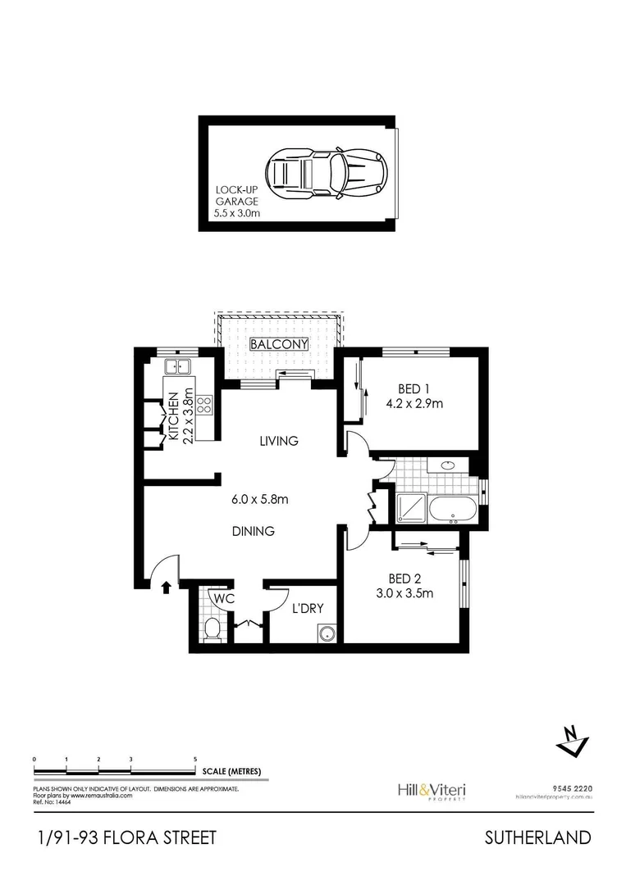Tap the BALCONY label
[279, 344]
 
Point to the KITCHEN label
[174, 418]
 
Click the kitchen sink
[177, 367]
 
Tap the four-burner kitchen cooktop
[204, 404]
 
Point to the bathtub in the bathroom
[452, 508]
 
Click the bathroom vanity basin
[448, 466]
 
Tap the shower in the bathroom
[410, 508]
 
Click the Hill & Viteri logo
[431, 790]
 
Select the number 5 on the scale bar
[194, 760]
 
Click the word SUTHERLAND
[537, 837]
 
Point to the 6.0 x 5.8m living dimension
[258, 498]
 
